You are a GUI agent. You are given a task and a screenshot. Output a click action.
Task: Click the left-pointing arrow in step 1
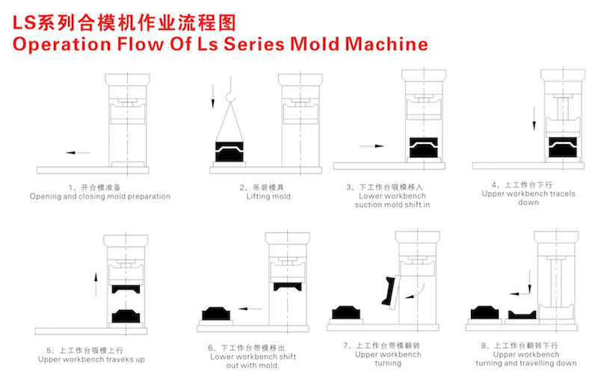pyautogui.click(x=78, y=153)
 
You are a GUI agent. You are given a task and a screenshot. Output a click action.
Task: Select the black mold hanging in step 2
pyautogui.click(x=229, y=152)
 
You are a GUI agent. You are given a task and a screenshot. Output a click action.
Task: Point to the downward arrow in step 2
pyautogui.click(x=213, y=96)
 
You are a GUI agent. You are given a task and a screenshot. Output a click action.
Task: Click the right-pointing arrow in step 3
pyautogui.click(x=372, y=146)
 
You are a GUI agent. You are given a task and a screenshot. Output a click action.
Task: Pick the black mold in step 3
pyautogui.click(x=423, y=147)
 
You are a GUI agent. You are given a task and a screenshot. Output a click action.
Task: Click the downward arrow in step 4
pyautogui.click(x=534, y=119)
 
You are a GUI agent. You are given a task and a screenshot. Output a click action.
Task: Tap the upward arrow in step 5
pyautogui.click(x=96, y=284)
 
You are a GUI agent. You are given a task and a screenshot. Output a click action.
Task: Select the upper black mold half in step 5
pyautogui.click(x=126, y=289)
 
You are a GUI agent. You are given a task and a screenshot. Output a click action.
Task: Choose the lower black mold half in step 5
pyautogui.click(x=126, y=316)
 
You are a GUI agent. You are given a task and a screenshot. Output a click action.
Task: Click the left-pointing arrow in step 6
pyautogui.click(x=250, y=309)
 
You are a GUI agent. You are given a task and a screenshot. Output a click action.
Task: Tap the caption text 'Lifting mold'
pyautogui.click(x=268, y=196)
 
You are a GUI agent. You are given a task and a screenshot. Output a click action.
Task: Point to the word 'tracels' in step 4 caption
pyautogui.click(x=563, y=193)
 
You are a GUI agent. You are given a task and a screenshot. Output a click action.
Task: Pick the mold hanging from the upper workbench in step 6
pyautogui.click(x=288, y=286)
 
